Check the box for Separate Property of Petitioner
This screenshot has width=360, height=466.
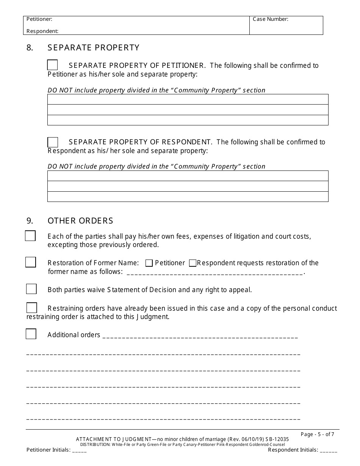pos(53,65)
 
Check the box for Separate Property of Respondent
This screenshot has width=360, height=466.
pos(53,142)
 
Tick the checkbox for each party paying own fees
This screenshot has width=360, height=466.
pos(30,236)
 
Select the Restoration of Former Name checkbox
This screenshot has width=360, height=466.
pos(31,262)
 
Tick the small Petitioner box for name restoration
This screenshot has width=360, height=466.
pos(149,263)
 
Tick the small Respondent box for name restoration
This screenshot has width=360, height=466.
pos(193,263)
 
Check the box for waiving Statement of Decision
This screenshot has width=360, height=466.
pos(31,289)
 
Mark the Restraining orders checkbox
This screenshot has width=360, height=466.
pos(32,308)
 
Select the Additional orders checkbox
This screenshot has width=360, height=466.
pos(31,334)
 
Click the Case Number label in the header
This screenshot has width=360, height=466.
pos(271,19)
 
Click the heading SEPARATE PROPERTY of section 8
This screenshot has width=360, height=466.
pos(94,48)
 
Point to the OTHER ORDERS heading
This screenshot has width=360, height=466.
pos(80,220)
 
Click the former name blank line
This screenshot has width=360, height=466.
pos(214,272)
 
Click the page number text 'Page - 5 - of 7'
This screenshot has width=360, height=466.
pos(317,434)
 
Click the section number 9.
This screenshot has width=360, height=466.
pos(30,220)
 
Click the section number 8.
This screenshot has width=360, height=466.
pos(30,48)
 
